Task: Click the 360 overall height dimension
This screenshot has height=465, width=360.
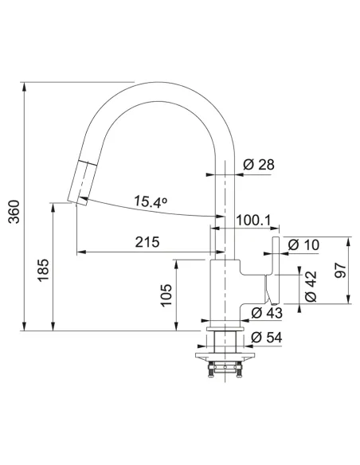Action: [x=14, y=212]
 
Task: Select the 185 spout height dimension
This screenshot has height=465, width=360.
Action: [x=43, y=270]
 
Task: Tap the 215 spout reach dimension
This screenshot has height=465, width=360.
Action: [x=147, y=242]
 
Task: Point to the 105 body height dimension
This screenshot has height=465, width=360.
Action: [x=166, y=295]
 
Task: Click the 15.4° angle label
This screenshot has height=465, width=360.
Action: [x=151, y=201]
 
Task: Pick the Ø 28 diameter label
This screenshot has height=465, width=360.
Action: [x=259, y=164]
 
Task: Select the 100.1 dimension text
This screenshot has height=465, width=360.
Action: [x=253, y=221]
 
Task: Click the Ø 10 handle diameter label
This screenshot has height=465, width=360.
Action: [x=303, y=245]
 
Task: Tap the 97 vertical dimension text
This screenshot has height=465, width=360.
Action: [x=340, y=270]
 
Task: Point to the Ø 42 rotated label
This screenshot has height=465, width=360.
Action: [x=311, y=287]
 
